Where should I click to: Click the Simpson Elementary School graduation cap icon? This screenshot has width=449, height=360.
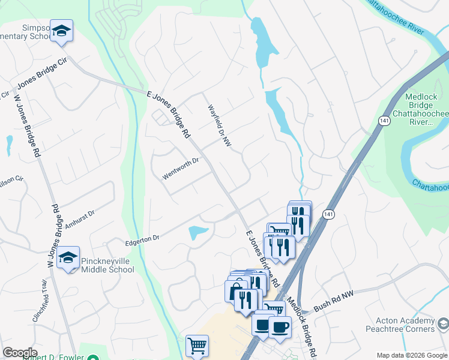pos(61,31)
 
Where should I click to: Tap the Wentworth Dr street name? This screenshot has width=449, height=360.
pos(180,168)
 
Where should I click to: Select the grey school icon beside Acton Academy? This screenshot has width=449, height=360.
pos(443,325)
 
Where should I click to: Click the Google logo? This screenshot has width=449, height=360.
pos(20,353)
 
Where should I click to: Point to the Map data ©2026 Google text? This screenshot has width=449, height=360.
pos(411,355)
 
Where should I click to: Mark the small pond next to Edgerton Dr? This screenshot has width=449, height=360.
pos(199,233)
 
